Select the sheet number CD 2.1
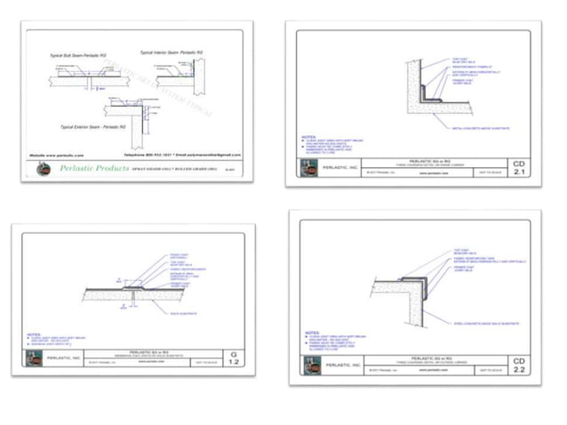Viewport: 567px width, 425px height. pyautogui.click(x=519, y=169)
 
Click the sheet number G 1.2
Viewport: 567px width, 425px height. pyautogui.click(x=234, y=359)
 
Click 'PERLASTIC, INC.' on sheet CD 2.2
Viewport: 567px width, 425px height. pyautogui.click(x=343, y=365)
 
